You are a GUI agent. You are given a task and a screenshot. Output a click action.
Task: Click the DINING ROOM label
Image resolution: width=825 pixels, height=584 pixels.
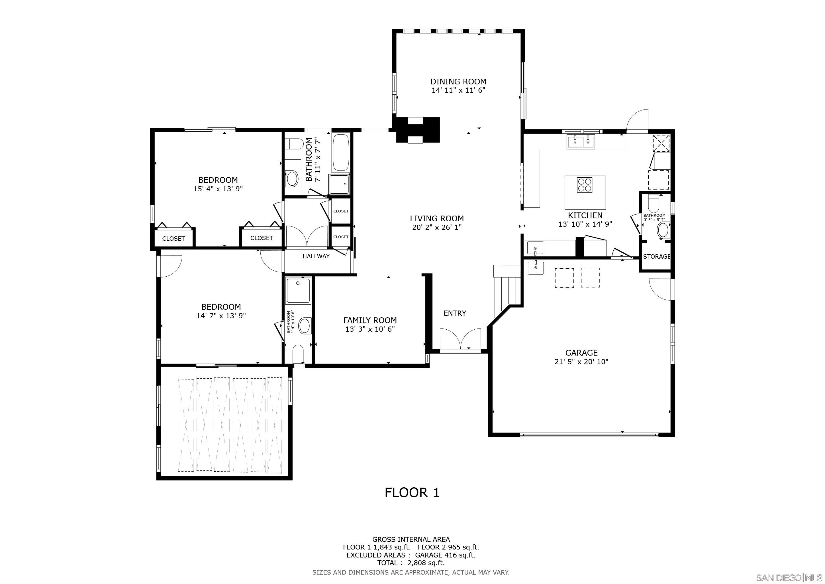[458, 82]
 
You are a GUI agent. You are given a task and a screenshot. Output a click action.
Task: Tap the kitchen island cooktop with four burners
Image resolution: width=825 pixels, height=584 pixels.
[585, 185]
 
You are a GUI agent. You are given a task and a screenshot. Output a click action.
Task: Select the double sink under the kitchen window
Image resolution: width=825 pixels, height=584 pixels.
[581, 141]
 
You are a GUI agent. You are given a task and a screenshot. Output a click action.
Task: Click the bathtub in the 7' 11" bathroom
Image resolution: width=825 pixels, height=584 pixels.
[340, 153]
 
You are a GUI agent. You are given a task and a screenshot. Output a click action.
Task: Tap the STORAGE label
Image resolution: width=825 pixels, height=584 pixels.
[656, 256]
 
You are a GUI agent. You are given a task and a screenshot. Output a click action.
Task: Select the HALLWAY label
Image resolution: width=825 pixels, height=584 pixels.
[316, 256]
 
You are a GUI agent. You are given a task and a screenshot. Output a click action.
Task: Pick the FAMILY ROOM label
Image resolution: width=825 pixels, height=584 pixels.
[370, 320]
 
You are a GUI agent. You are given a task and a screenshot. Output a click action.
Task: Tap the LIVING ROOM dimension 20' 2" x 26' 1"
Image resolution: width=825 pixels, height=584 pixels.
[437, 227]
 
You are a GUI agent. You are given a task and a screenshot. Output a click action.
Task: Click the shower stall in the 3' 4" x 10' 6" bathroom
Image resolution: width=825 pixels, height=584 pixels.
[298, 291]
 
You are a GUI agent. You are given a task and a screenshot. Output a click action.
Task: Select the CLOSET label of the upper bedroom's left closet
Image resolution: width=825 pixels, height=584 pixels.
[173, 238]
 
